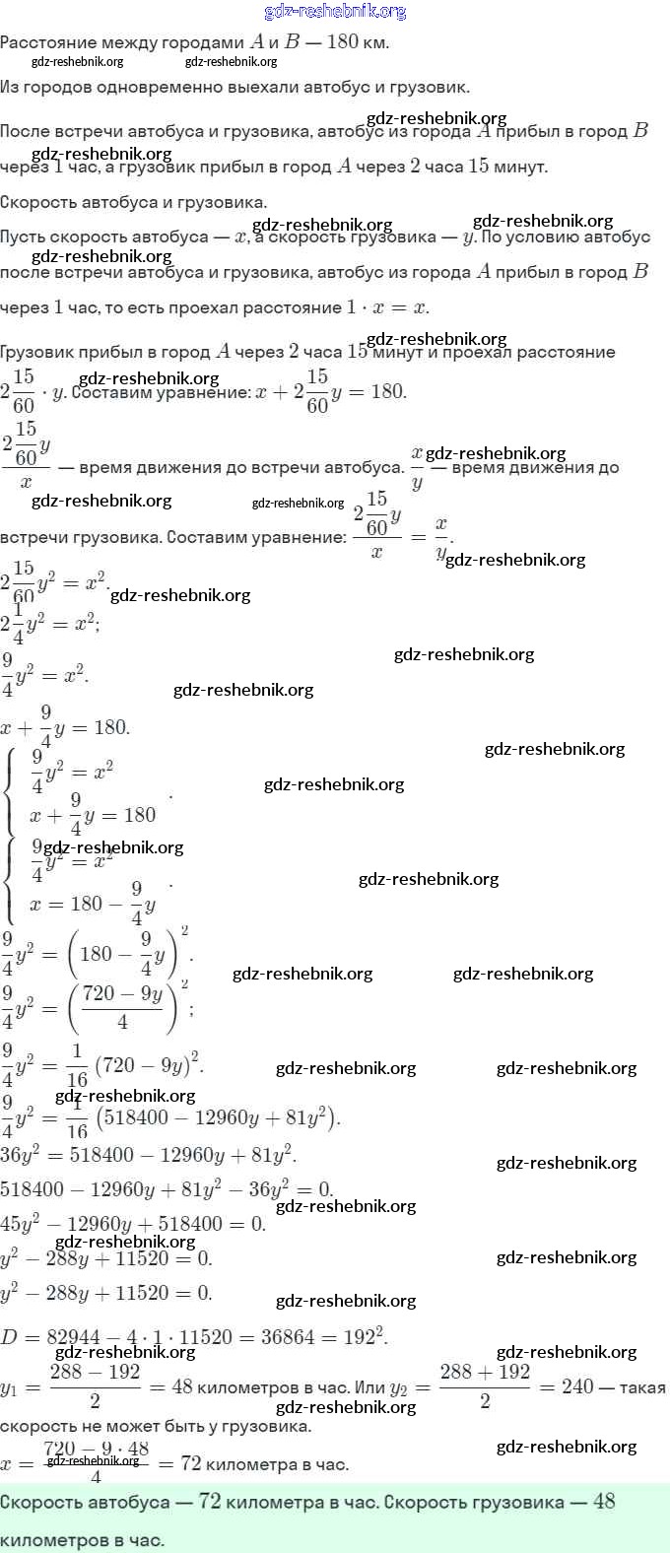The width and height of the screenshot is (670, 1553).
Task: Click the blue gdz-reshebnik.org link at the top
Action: coord(335,12)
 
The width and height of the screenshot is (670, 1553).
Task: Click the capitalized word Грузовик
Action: coord(40,352)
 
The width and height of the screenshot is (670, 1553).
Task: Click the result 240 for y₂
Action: coord(577,1386)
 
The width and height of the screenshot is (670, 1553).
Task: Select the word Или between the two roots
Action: coord(369,1387)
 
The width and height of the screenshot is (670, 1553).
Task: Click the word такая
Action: coord(642,1387)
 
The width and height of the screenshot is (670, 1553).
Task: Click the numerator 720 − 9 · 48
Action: coord(96,1450)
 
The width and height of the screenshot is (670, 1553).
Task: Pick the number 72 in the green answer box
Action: coord(209,1502)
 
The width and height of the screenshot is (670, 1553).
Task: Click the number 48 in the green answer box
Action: coord(604,1502)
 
